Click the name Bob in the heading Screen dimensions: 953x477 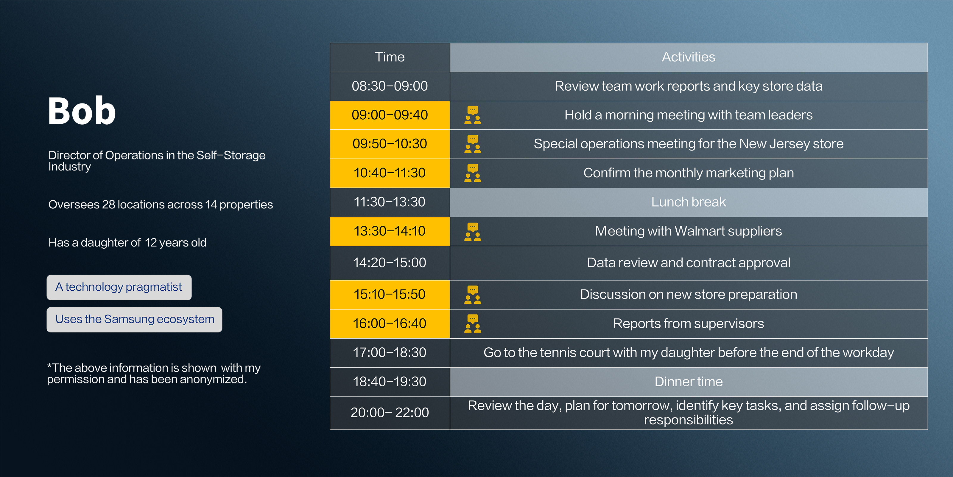[82, 110]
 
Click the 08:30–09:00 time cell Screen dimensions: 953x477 [390, 86]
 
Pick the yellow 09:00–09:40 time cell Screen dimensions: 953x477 [390, 115]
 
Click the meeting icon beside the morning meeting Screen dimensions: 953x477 [473, 115]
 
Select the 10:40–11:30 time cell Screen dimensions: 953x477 [390, 173]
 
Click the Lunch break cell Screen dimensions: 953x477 [689, 202]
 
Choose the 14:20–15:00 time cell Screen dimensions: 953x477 [390, 263]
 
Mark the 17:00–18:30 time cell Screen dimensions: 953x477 [390, 353]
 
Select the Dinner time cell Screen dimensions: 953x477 [689, 382]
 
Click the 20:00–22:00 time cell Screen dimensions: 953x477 [390, 413]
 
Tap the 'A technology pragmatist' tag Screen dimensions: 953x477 [119, 287]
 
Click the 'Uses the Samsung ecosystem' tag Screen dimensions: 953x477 [134, 320]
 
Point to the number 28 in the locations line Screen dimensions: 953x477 [108, 205]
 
